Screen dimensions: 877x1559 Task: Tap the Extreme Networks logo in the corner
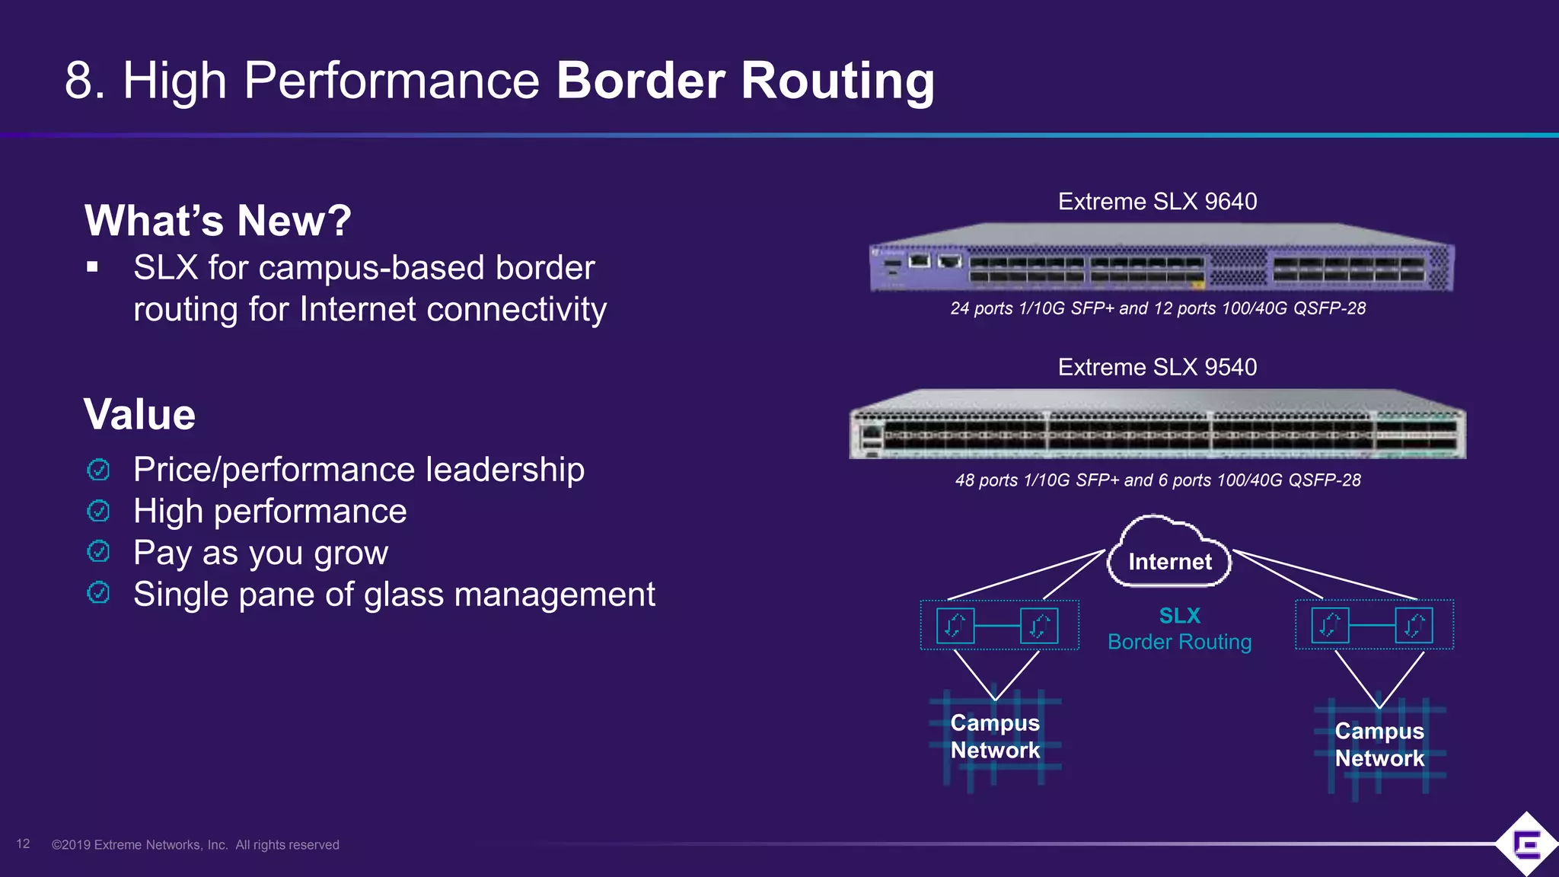click(x=1526, y=844)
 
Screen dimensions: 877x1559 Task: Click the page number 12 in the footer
click(x=23, y=844)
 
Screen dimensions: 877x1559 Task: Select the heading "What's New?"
click(x=218, y=221)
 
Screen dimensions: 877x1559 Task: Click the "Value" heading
click(x=139, y=415)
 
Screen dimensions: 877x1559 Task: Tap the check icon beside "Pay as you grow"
click(x=98, y=551)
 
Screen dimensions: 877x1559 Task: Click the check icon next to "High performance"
click(x=98, y=510)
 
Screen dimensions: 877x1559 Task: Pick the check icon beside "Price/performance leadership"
click(x=98, y=470)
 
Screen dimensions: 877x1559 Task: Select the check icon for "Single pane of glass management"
click(x=98, y=592)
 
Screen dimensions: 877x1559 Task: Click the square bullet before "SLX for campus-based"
click(x=93, y=267)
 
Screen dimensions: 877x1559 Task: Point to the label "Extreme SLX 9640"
click(x=1157, y=202)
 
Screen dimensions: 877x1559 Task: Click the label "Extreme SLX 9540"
click(x=1157, y=368)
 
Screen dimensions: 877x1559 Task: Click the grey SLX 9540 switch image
click(x=1157, y=426)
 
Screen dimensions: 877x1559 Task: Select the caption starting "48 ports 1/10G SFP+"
click(x=1157, y=480)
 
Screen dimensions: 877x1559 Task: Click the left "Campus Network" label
click(x=995, y=736)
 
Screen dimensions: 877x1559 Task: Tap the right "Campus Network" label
click(x=1379, y=745)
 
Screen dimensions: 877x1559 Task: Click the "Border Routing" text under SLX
click(x=1179, y=642)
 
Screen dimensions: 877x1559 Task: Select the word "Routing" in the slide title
click(x=837, y=81)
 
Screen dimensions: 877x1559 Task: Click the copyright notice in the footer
click(x=196, y=845)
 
